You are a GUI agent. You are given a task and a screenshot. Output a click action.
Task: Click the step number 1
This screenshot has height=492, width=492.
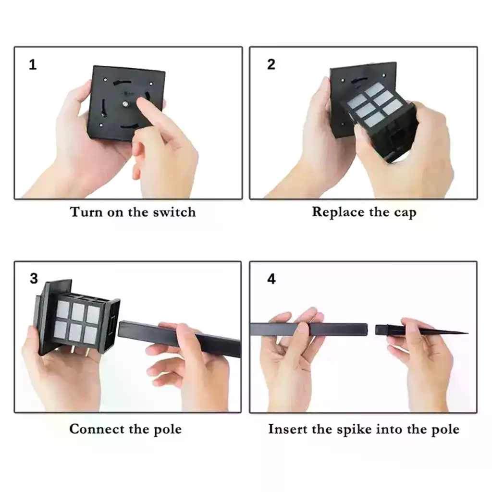tap(33, 65)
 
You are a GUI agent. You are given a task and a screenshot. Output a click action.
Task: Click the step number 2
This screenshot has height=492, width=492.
tap(271, 64)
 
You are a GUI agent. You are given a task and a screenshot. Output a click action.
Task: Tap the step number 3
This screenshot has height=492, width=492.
tap(34, 279)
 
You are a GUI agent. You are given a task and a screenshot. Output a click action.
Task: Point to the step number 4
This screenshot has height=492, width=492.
tap(271, 279)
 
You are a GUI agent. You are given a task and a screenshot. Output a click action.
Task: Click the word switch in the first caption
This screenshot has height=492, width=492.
tap(174, 212)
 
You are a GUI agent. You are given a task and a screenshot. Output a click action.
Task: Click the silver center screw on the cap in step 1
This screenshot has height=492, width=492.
tap(125, 103)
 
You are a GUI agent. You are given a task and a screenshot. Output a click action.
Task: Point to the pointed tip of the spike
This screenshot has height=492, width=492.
tap(467, 333)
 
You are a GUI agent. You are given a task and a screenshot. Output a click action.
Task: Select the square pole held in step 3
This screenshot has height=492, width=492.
tap(179, 339)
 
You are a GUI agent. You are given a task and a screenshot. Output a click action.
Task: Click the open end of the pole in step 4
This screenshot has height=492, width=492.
tap(366, 330)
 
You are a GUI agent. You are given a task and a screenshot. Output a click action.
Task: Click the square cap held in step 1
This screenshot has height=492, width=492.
tap(126, 103)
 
